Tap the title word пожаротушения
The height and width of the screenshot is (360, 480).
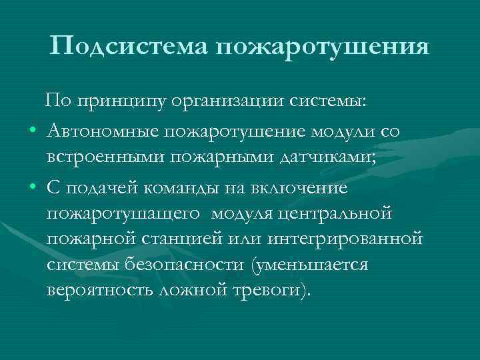321,47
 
